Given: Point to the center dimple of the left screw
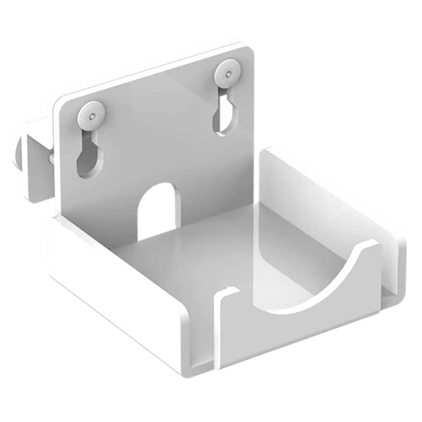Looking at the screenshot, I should tap(92, 115).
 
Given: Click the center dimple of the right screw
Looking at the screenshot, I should tap(228, 74).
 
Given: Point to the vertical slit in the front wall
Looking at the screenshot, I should tap(217, 328).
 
